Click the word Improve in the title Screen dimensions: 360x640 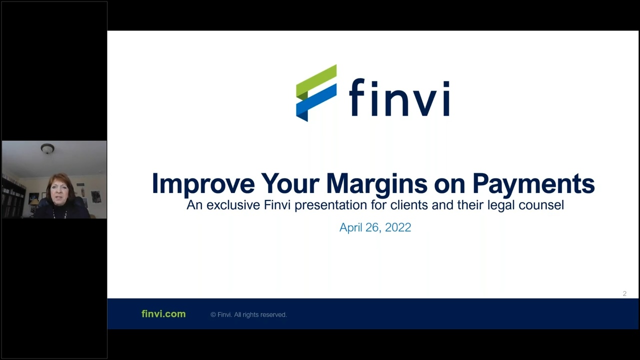(203, 183)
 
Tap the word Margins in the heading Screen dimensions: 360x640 (377, 183)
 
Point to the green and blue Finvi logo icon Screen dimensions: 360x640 (316, 93)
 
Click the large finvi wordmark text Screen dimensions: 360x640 (399, 98)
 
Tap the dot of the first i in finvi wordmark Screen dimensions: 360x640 (371, 82)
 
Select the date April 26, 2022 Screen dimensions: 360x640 (375, 227)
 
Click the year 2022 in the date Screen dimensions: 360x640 (398, 227)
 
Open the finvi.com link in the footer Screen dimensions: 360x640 (163, 314)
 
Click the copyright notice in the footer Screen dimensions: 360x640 (248, 314)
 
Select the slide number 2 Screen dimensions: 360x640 (624, 293)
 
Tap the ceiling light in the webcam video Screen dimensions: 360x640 (47, 148)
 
